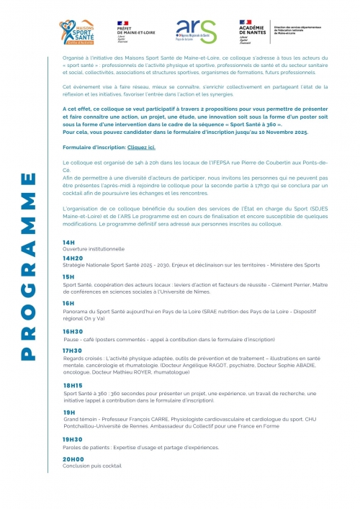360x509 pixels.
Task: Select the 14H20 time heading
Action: [73, 257]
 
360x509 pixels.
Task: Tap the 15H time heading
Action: [68, 276]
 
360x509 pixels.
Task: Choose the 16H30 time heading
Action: [73, 331]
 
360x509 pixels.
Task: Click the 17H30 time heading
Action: [73, 350]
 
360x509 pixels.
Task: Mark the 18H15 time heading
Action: [73, 385]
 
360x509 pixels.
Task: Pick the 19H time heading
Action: [68, 412]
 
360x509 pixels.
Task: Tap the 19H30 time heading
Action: [73, 438]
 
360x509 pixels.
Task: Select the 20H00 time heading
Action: [73, 459]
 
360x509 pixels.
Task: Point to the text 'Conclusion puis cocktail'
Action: [92, 466]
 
